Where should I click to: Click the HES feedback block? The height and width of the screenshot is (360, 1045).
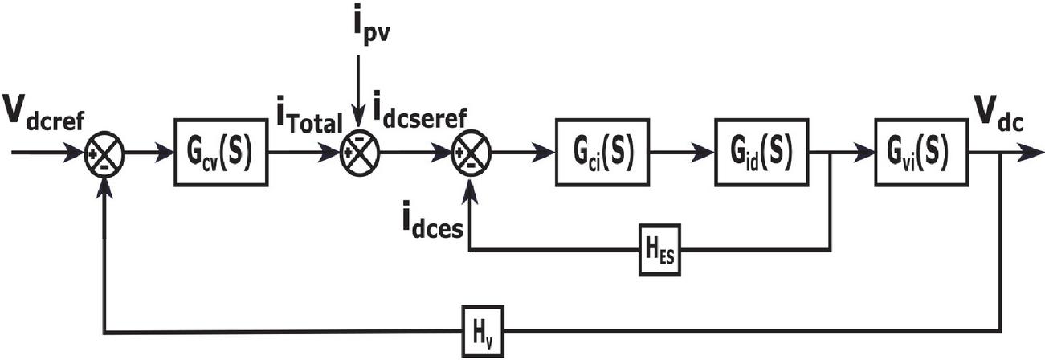(660, 250)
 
